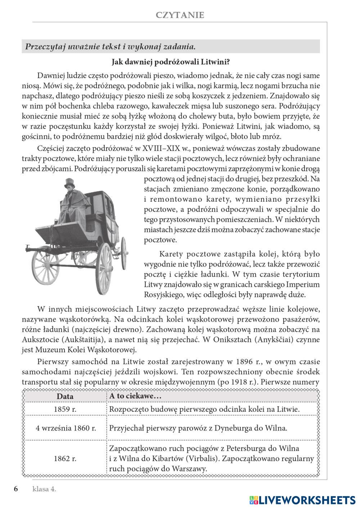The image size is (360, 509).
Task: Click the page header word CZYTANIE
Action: click(180, 15)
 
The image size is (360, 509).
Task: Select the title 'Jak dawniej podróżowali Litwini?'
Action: click(171, 62)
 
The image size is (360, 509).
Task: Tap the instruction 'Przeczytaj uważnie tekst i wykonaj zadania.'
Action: click(111, 46)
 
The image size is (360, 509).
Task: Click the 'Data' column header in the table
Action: click(65, 396)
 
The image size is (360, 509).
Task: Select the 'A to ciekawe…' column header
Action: click(135, 396)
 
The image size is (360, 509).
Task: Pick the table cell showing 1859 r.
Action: click(65, 409)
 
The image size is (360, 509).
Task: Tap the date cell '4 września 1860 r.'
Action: click(66, 428)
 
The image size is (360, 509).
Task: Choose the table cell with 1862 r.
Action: click(65, 459)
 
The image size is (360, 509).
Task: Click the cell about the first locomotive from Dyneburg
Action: click(198, 428)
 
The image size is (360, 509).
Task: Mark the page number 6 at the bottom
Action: click(16, 489)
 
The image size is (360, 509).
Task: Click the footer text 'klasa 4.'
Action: click(44, 489)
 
